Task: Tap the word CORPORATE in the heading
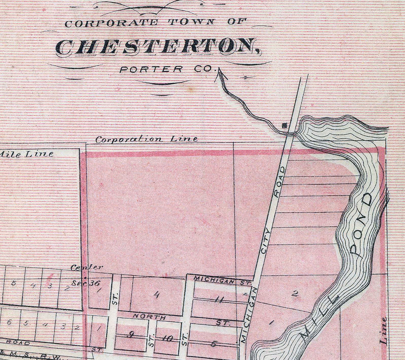coord(111,23)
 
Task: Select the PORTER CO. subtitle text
coord(166,69)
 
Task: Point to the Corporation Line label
coord(146,139)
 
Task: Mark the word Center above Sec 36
coord(87,267)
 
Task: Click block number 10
coord(167,339)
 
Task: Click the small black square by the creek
coord(284,126)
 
